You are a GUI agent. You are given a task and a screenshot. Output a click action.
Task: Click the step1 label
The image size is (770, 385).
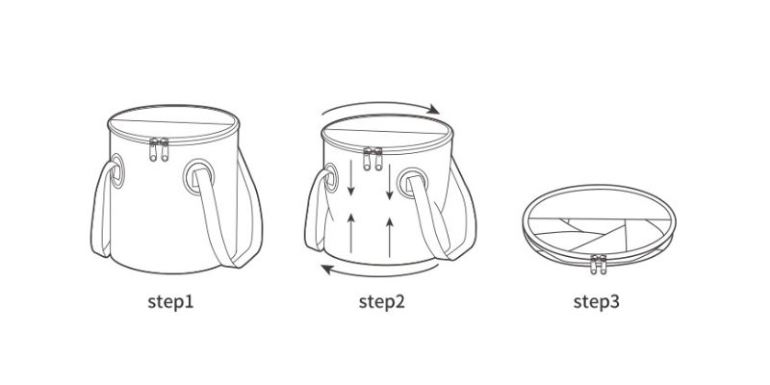point(170,302)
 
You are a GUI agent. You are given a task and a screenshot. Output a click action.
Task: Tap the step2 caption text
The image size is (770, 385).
point(381,302)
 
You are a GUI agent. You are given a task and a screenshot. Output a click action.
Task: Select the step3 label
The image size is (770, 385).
point(596,302)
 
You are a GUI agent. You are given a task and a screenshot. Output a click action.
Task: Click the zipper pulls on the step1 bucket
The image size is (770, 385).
point(159,150)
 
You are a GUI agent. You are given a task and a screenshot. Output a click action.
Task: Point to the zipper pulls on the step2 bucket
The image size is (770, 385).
point(372,159)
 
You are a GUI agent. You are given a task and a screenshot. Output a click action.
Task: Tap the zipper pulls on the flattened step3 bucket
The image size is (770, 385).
point(598,264)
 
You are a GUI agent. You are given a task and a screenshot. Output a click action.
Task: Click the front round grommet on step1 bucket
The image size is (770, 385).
point(198,177)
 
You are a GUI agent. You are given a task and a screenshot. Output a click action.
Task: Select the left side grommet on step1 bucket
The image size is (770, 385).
point(116,171)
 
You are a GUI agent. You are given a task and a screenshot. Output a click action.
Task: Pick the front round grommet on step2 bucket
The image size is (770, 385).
point(413,183)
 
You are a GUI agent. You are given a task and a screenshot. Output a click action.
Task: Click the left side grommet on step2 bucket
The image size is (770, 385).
point(330,178)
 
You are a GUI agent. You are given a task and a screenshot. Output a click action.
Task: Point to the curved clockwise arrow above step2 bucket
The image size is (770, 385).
point(380,103)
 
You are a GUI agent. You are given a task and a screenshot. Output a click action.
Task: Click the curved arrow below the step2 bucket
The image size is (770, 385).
point(379,273)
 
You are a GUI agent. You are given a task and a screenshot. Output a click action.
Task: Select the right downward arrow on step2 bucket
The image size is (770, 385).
point(390,182)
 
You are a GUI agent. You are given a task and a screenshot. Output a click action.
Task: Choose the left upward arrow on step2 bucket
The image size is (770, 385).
point(351,233)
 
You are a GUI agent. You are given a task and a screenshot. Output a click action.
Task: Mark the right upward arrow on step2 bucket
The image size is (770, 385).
point(390,237)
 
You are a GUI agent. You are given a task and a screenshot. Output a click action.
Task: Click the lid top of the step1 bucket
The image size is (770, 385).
point(173,122)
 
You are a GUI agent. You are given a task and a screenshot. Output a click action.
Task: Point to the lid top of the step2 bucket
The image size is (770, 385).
point(387,131)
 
